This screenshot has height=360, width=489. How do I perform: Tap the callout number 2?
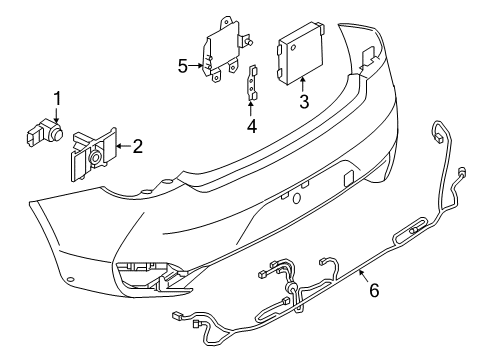pyautogui.click(x=137, y=147)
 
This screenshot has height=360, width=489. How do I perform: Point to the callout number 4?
pyautogui.click(x=252, y=127)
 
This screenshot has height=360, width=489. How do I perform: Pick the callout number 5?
pyautogui.click(x=183, y=67)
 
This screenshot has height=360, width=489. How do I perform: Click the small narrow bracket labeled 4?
pyautogui.click(x=252, y=83)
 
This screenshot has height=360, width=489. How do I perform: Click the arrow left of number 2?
pyautogui.click(x=121, y=147)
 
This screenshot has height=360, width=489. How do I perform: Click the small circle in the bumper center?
pyautogui.click(x=297, y=198)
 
